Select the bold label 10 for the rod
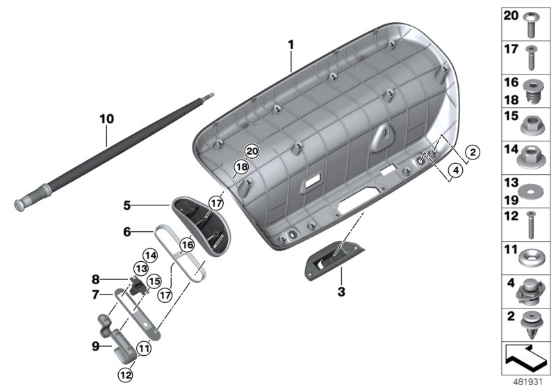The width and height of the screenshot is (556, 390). (106, 119)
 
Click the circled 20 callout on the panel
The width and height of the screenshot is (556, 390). (252, 151)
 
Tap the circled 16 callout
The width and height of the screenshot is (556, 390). (186, 244)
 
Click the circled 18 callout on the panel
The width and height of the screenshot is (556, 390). (240, 167)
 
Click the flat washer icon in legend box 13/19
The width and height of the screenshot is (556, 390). (531, 189)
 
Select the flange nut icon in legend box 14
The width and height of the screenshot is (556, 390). (531, 156)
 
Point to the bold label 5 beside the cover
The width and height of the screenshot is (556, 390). (126, 206)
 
